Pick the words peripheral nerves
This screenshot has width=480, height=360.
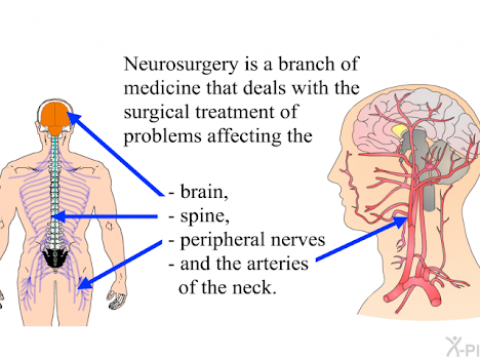tap(246, 240)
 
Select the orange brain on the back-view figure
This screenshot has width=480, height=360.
tap(55, 116)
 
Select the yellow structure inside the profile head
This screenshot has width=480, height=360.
tap(398, 128)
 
